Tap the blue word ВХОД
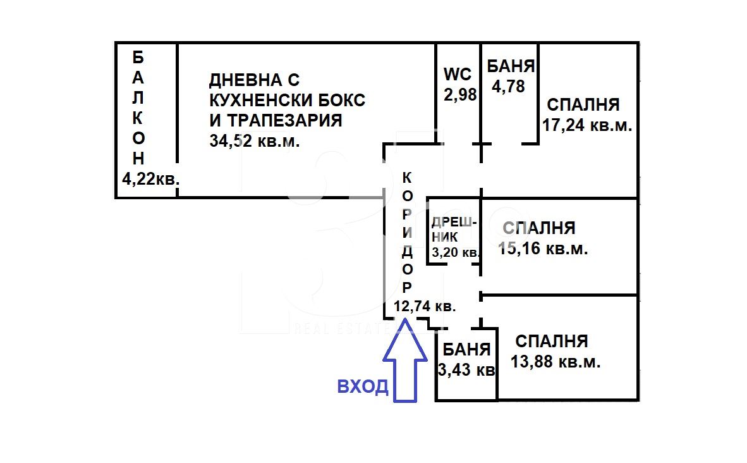pyautogui.click(x=363, y=386)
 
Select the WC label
pyautogui.click(x=458, y=74)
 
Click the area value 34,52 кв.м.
pyautogui.click(x=255, y=141)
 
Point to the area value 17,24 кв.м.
pyautogui.click(x=587, y=125)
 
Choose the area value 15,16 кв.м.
pyautogui.click(x=543, y=249)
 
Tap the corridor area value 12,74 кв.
pyautogui.click(x=425, y=306)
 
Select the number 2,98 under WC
pyautogui.click(x=459, y=94)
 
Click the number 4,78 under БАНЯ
pyautogui.click(x=509, y=86)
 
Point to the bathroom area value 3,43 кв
pyautogui.click(x=466, y=369)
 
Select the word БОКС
pyautogui.click(x=339, y=100)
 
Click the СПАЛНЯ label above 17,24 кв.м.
pyautogui.click(x=583, y=105)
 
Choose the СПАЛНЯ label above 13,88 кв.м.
pyautogui.click(x=552, y=342)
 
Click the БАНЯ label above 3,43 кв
pyautogui.click(x=466, y=349)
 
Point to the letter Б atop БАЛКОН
pyautogui.click(x=138, y=58)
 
